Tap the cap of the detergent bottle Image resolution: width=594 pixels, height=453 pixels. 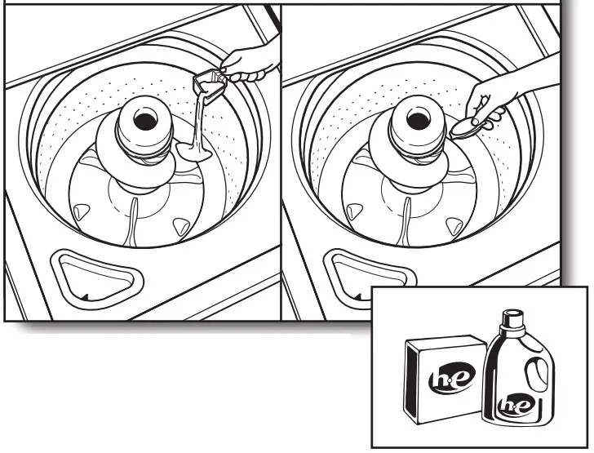[x=513, y=319]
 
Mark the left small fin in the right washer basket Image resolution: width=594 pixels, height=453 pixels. [x=352, y=212]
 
